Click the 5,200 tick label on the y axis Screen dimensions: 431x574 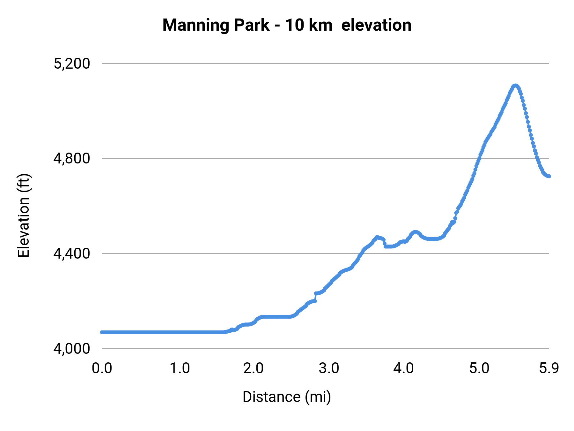click(72, 64)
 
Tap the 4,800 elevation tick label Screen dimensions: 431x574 click(72, 159)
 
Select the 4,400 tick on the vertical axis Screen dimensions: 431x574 click(72, 254)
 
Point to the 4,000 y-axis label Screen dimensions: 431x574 click(72, 349)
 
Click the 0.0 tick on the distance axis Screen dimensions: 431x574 click(102, 368)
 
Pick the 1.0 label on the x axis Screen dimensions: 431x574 click(180, 368)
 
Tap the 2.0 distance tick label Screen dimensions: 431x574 click(253, 368)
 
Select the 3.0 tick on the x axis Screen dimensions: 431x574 click(329, 368)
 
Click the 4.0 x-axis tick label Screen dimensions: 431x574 click(403, 368)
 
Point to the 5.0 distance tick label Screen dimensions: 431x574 click(479, 368)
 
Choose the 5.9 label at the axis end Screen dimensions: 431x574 click(549, 368)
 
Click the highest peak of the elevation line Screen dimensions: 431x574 click(515, 86)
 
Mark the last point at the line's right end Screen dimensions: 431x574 click(549, 176)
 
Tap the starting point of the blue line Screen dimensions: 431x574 click(102, 332)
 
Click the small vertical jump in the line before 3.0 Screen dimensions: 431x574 click(315, 297)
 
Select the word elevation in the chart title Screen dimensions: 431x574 click(376, 25)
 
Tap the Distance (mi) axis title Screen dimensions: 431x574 click(287, 397)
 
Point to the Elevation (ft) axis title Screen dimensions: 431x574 click(24, 215)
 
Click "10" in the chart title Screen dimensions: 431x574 click(294, 25)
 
